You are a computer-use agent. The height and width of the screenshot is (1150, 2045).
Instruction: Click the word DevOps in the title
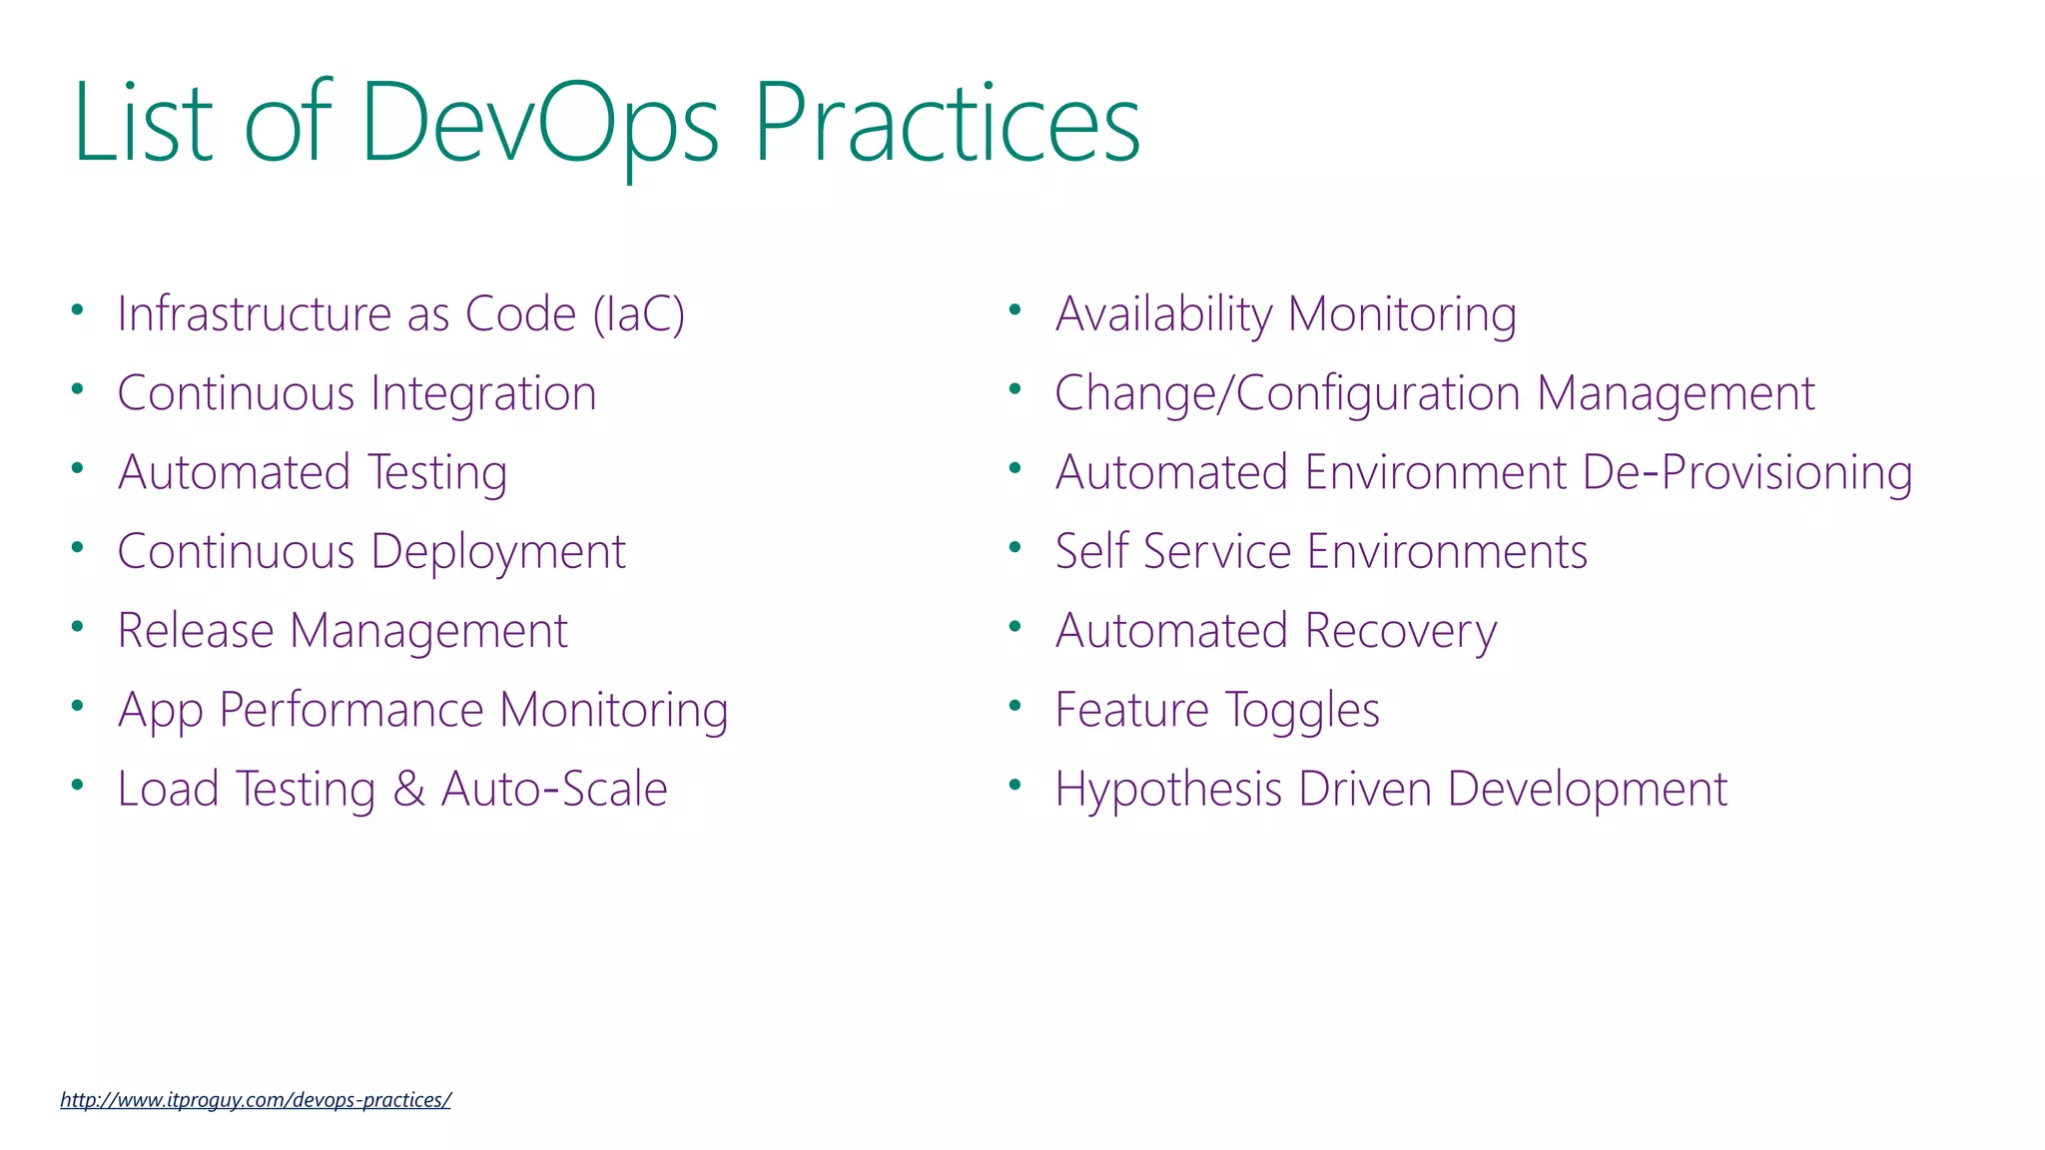[x=539, y=125]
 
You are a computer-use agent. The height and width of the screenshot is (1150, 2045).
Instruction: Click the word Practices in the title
[x=946, y=125]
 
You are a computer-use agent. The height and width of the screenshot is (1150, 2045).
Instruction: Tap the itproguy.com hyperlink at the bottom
[x=256, y=1100]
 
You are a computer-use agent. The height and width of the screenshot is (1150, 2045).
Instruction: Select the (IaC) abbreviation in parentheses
[x=639, y=314]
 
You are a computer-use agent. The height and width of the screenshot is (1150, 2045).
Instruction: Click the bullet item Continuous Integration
[x=356, y=393]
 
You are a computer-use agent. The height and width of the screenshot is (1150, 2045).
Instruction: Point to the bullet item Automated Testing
[x=313, y=472]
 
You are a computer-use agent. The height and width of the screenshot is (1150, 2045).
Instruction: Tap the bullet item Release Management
[x=342, y=631]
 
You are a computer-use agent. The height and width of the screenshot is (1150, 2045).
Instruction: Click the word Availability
[x=1163, y=314]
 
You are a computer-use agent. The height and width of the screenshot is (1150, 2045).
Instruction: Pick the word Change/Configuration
[x=1287, y=393]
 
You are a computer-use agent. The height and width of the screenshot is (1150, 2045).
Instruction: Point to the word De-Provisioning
[x=1747, y=472]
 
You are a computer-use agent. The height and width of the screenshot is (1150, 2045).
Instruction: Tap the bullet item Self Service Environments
[x=1321, y=552]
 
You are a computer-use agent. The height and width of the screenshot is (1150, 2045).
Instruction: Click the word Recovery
[x=1401, y=631]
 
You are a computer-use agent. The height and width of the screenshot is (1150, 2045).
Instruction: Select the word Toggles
[x=1302, y=711]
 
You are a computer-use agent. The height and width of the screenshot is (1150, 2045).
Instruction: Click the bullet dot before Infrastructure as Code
[x=77, y=309]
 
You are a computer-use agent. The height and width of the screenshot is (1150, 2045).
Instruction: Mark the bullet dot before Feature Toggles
[x=1016, y=706]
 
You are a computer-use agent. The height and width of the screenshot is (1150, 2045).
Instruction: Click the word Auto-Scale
[x=554, y=790]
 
